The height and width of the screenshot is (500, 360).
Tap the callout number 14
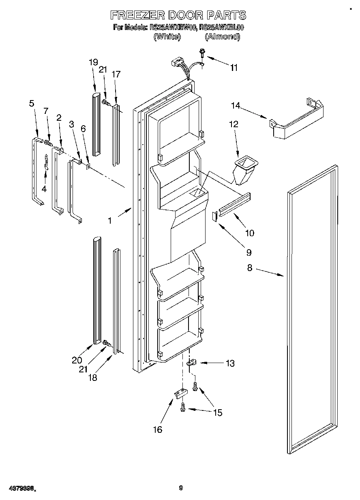coord(236,106)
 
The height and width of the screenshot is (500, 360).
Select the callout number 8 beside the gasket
coord(250,267)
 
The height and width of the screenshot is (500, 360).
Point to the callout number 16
coord(157,429)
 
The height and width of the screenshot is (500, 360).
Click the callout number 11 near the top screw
coord(234,68)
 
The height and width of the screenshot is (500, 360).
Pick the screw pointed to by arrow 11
coord(201,52)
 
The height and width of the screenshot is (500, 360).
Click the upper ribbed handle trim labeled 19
coord(96,124)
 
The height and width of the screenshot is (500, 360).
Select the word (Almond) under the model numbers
coord(222,37)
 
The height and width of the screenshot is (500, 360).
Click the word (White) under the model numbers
coord(167,37)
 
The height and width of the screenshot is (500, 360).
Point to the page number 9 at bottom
coord(181,488)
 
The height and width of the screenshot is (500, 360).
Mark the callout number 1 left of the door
coord(109,221)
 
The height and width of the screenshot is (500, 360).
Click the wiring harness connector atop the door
coord(178,63)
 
